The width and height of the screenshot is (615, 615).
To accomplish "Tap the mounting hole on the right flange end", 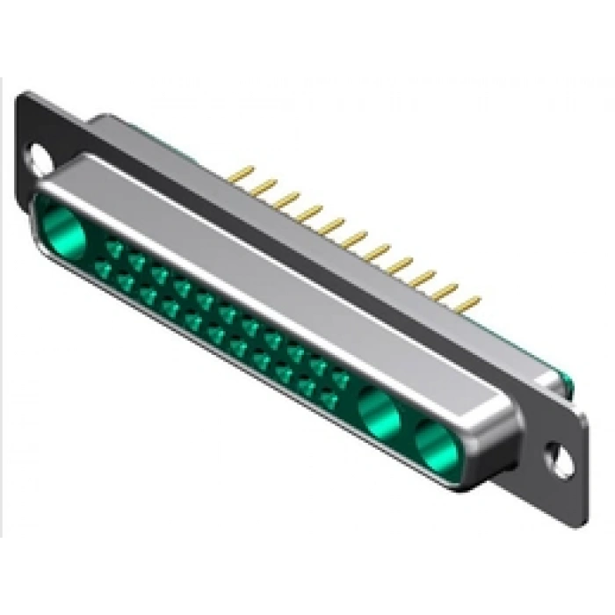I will click(555, 456).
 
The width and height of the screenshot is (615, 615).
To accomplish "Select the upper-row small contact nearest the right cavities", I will click(339, 377).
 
